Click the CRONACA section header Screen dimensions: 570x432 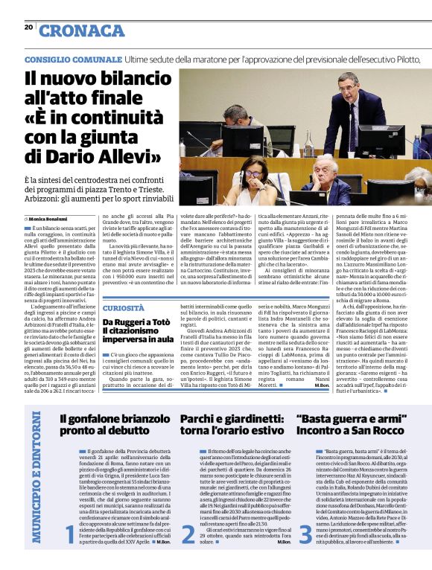tap(82, 31)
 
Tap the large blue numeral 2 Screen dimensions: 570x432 tap(188, 534)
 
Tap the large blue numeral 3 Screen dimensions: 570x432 tap(305, 534)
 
